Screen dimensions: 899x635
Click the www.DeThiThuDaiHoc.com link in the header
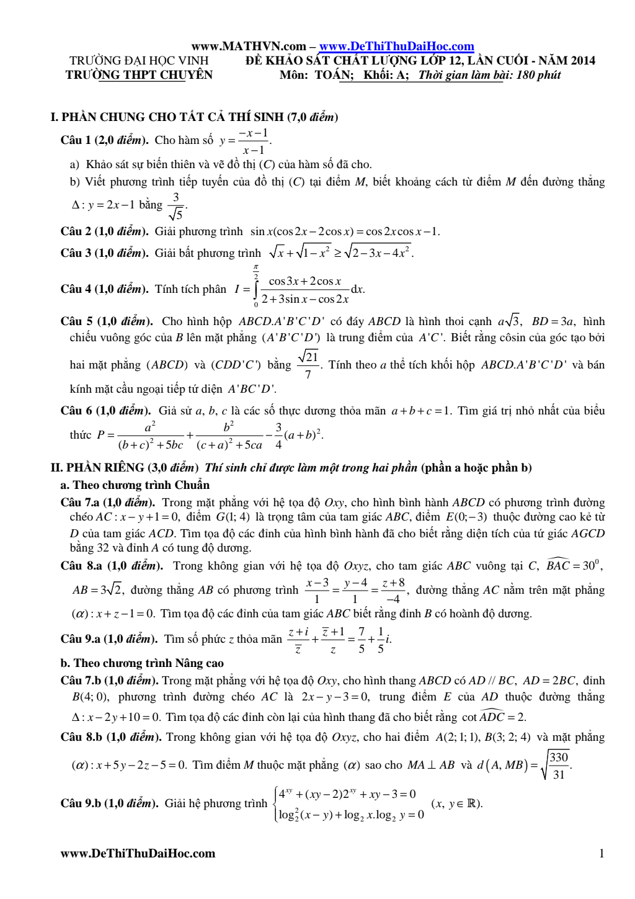pos(396,47)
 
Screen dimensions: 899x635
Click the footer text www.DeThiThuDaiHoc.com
pos(138,853)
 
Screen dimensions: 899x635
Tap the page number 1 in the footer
pos(601,853)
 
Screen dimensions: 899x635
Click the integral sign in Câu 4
pos(256,289)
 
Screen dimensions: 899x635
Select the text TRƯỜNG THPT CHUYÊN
pos(139,75)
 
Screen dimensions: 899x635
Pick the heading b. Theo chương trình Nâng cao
pos(142,663)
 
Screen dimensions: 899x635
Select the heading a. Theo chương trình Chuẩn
pos(135,485)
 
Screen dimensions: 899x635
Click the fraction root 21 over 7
pos(308,365)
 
